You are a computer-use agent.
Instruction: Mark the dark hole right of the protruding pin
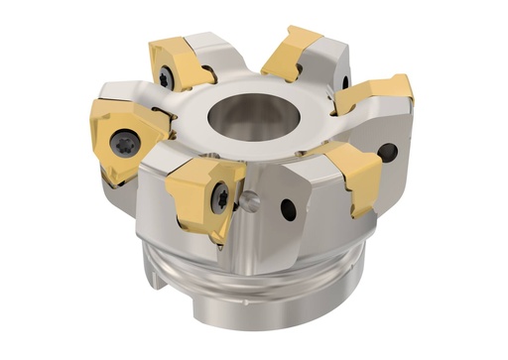tap(288, 210)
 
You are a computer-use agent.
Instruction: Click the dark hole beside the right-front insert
tap(388, 153)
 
